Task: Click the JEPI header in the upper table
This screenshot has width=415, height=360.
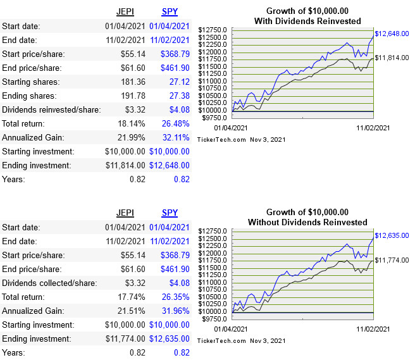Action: click(x=125, y=11)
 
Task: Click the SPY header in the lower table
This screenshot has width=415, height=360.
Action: click(x=170, y=213)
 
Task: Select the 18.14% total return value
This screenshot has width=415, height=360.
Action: click(x=132, y=123)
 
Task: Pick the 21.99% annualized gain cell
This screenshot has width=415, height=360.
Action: click(x=132, y=137)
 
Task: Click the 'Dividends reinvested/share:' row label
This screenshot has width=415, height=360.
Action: click(x=51, y=109)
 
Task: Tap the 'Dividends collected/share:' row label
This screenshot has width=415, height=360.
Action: click(x=50, y=283)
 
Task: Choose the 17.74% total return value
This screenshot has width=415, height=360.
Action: click(x=132, y=297)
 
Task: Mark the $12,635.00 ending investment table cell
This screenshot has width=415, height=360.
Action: click(x=169, y=338)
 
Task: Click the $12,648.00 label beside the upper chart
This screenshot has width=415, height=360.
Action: click(x=392, y=34)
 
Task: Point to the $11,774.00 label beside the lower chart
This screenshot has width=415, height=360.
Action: click(x=392, y=260)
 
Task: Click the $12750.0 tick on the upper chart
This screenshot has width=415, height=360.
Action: click(x=213, y=30)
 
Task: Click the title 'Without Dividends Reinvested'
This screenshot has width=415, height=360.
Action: click(x=307, y=222)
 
